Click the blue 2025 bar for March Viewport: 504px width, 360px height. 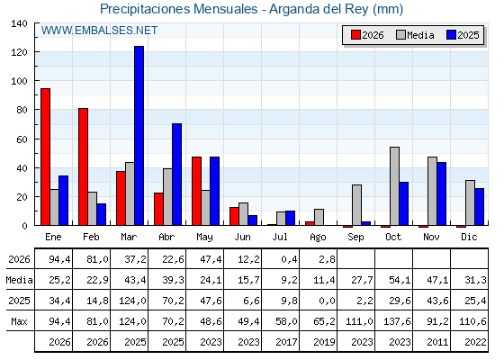click(x=139, y=136)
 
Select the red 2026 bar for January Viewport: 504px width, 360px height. click(x=45, y=157)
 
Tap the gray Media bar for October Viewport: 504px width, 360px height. click(x=395, y=186)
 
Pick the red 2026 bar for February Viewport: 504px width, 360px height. click(x=83, y=166)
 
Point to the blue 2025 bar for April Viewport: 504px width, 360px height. click(x=176, y=175)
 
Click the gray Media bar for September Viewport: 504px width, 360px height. click(x=356, y=205)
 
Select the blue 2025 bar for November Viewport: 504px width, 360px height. click(x=442, y=193)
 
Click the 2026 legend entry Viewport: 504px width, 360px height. click(x=367, y=35)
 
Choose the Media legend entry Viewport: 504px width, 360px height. click(x=415, y=35)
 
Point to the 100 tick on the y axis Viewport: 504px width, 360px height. click(x=19, y=81)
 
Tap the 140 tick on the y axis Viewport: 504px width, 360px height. click(x=19, y=23)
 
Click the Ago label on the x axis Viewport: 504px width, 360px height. click(x=318, y=238)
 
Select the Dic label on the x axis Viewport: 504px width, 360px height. click(x=469, y=237)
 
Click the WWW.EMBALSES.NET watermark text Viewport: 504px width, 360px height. click(x=99, y=31)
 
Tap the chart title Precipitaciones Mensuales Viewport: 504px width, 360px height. click(x=179, y=9)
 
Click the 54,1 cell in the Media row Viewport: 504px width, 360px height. click(x=400, y=280)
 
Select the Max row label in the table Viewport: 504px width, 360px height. click(x=19, y=321)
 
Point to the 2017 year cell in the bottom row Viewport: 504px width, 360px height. click(x=286, y=342)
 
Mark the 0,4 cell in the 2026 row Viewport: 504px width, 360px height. click(x=289, y=259)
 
